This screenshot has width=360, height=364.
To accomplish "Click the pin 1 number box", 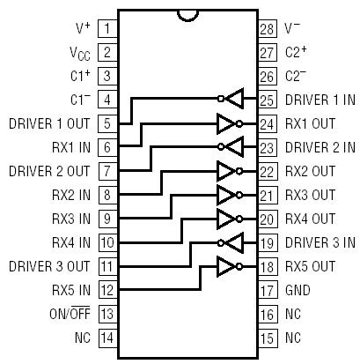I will (x=107, y=29).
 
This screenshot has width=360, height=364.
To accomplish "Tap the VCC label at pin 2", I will (x=78, y=53).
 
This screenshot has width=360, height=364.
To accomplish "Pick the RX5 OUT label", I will (x=311, y=266).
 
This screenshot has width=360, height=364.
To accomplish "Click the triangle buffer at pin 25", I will (x=231, y=100).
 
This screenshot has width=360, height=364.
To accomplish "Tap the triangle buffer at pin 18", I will (x=229, y=266).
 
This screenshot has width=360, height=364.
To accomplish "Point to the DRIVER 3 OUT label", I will (x=48, y=266).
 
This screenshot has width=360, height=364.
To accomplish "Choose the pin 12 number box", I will (x=107, y=290).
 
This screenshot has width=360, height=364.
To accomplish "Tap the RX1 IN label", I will (x=70, y=147).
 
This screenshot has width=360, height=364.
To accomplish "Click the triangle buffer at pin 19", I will (x=231, y=242).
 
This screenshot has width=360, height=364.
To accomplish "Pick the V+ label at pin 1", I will (x=81, y=29).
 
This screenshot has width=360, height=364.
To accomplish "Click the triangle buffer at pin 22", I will (x=229, y=171).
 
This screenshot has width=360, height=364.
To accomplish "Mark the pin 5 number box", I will (x=107, y=123).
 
